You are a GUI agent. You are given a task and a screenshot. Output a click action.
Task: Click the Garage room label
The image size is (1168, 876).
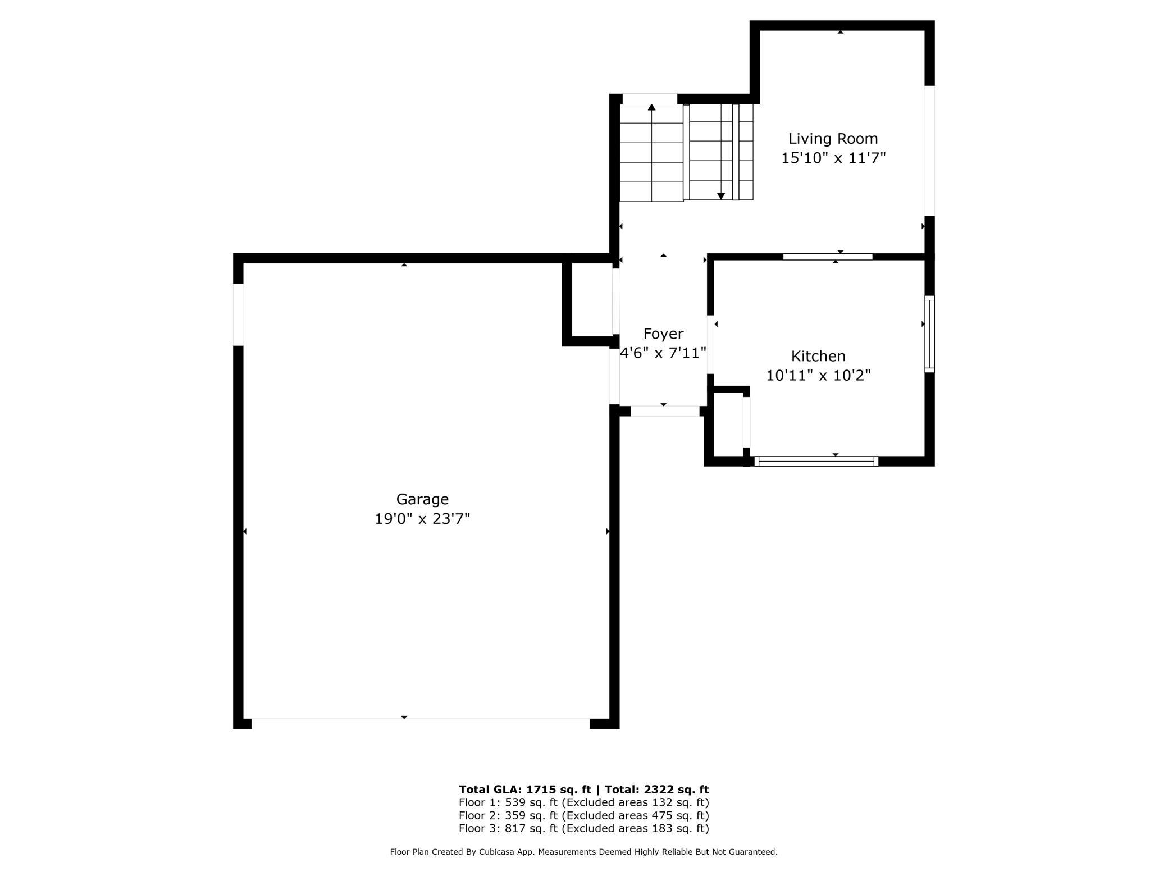click(x=422, y=500)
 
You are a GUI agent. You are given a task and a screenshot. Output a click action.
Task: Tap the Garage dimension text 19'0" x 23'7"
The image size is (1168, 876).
click(x=422, y=518)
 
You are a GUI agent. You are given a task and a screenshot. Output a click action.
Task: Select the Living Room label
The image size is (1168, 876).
click(x=833, y=139)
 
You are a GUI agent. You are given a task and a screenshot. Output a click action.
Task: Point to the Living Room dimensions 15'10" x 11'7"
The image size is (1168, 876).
click(x=833, y=158)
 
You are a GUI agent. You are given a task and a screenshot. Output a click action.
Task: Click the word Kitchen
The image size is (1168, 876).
click(x=818, y=356)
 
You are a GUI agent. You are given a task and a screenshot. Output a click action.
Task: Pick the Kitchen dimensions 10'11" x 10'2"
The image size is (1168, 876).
click(x=818, y=375)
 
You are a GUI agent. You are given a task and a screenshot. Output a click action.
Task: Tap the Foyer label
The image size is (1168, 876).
click(x=663, y=334)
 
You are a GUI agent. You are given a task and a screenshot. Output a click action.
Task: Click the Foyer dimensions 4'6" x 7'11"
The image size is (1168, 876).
click(x=663, y=353)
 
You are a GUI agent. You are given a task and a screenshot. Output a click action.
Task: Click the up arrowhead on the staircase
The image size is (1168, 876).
click(x=652, y=107)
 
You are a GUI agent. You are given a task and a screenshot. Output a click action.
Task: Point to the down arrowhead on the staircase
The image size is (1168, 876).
click(x=721, y=196)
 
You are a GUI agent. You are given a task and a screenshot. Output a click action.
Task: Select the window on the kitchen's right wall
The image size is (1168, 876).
click(x=929, y=334)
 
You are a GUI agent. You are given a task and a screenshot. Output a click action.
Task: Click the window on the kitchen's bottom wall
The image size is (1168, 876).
click(x=816, y=462)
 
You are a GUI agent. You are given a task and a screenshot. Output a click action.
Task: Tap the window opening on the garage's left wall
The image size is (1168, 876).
click(x=238, y=314)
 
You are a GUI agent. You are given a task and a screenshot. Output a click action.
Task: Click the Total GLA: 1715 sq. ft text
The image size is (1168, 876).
click(x=524, y=790)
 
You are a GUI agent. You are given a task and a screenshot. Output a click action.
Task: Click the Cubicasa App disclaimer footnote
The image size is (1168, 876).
click(x=584, y=852)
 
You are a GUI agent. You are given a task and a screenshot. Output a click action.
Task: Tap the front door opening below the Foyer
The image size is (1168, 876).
click(x=665, y=412)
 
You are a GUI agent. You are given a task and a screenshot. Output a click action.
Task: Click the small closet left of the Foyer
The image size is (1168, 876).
click(x=592, y=300)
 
